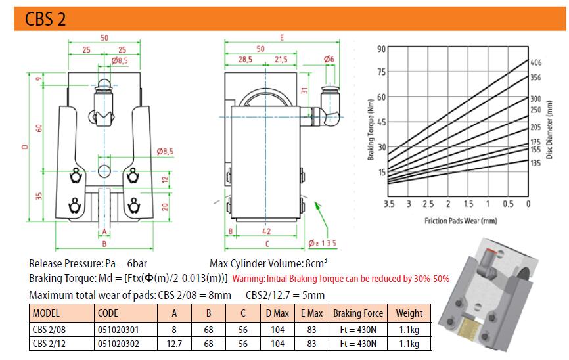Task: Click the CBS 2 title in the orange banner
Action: click(x=45, y=19)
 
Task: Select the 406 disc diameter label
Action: click(x=535, y=62)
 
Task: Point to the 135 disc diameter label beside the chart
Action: click(x=535, y=163)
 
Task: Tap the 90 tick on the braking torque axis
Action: click(x=381, y=49)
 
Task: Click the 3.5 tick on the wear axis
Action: click(x=389, y=204)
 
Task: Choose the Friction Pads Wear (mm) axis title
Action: click(x=461, y=221)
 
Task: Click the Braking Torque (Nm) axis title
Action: click(x=370, y=129)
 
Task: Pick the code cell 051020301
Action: click(x=118, y=330)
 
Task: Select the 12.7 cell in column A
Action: click(x=174, y=344)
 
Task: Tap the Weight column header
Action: click(x=409, y=313)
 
